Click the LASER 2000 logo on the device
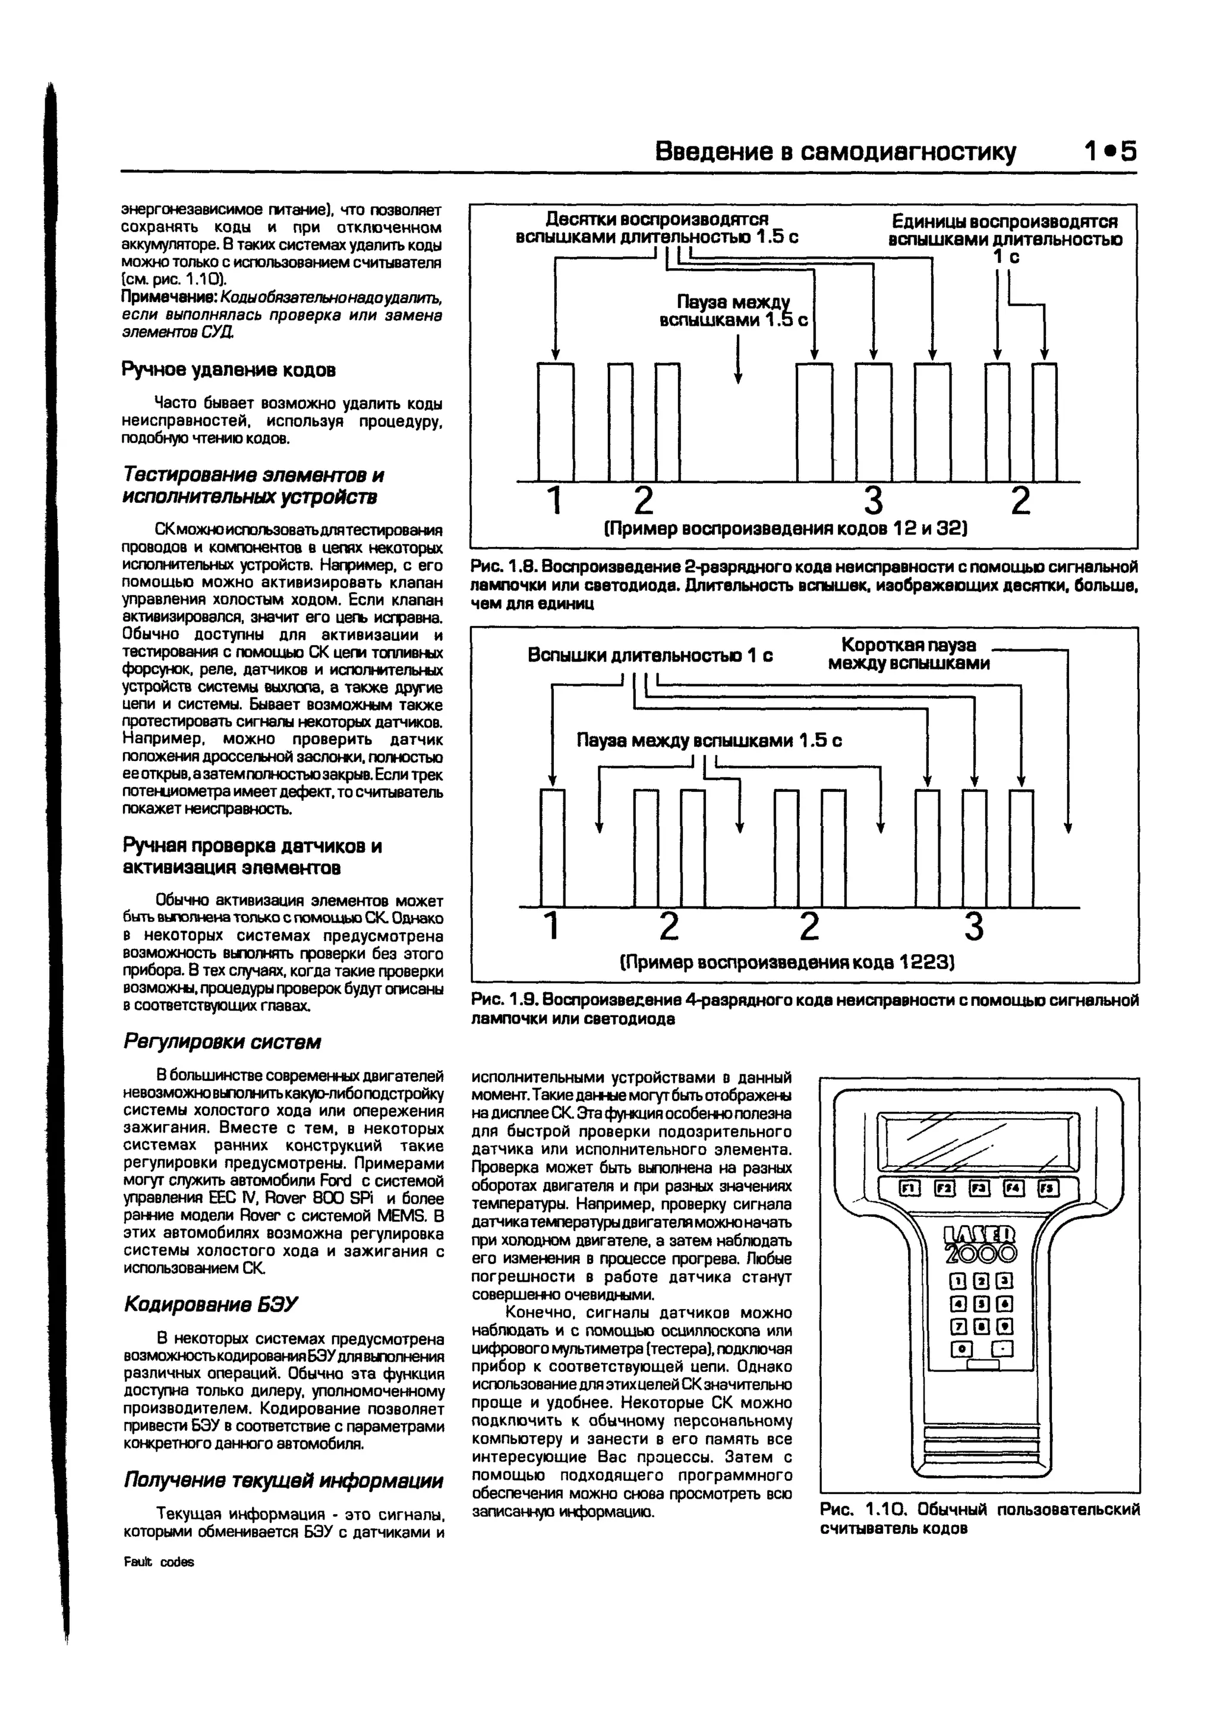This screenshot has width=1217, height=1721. [979, 1245]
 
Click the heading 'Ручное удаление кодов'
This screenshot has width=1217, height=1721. [229, 370]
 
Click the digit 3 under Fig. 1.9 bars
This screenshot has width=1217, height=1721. [973, 926]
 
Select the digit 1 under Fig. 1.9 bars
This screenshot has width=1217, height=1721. [551, 926]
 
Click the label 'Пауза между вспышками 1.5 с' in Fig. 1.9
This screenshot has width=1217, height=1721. [709, 741]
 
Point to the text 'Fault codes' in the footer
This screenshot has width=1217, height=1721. [158, 1562]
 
